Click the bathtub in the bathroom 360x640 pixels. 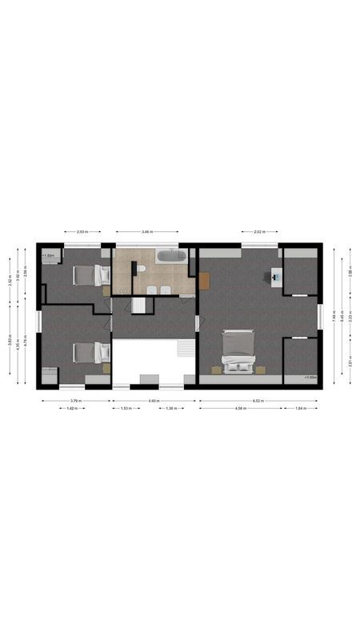[170, 257]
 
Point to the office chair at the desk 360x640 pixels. [269, 277]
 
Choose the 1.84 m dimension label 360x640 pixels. [301, 408]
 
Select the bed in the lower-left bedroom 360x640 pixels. [88, 352]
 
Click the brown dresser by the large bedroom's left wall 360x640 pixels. [204, 280]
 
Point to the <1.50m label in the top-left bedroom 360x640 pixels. [48, 256]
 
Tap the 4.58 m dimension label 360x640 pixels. [241, 408]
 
